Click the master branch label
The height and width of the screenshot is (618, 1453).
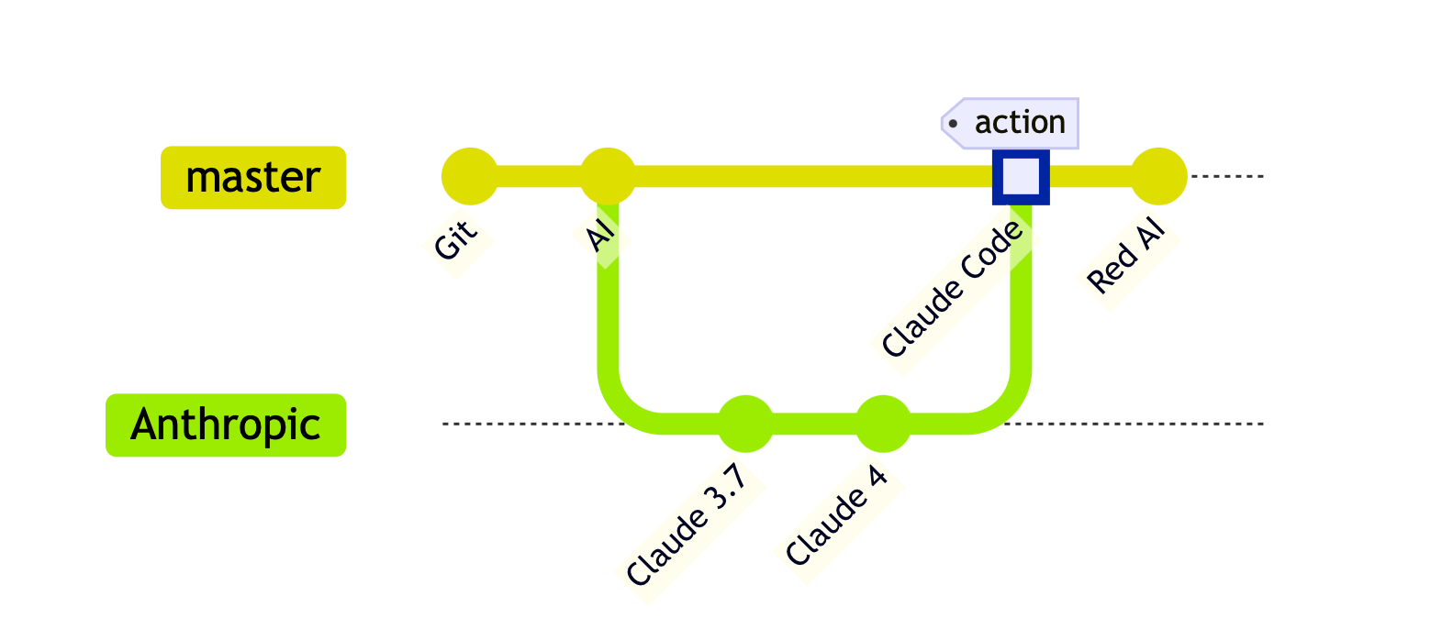point(253,178)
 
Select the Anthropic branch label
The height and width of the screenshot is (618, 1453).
point(226,425)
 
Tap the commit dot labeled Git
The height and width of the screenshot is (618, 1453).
point(470,176)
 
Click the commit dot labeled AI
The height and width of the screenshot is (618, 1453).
point(608,176)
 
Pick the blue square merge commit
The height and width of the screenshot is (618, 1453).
point(1021,177)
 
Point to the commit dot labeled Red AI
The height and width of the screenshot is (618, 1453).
point(1158,176)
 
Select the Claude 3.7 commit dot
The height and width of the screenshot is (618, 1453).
point(745,424)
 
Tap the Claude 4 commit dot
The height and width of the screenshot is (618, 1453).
point(883,424)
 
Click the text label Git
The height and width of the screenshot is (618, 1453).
point(456,239)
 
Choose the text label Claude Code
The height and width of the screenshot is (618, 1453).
point(952,289)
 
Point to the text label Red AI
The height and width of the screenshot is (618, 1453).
point(1126,255)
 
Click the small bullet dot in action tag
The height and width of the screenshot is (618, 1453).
point(952,123)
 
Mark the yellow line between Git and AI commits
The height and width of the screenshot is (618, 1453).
point(539,176)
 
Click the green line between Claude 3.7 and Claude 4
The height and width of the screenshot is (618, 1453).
point(814,424)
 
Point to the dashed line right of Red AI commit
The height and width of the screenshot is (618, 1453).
point(1226,176)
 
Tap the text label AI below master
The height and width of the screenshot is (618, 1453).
point(600,235)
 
